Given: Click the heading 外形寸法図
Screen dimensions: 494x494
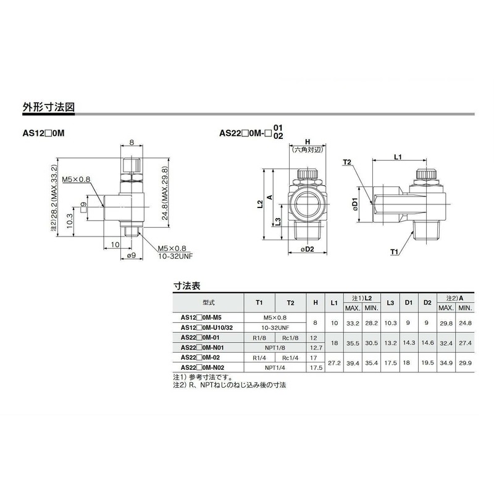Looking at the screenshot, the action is click(x=49, y=107).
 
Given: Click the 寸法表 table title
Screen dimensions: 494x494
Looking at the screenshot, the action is click(x=187, y=286).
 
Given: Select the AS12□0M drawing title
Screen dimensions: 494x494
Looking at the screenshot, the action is click(x=43, y=133).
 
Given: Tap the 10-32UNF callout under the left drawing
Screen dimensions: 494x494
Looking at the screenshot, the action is click(x=175, y=256).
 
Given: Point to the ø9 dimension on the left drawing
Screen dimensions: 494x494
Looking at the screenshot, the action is click(x=132, y=256).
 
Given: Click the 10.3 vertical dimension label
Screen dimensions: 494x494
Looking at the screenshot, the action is click(x=70, y=220).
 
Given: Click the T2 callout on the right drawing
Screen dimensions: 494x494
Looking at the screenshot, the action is click(x=347, y=162).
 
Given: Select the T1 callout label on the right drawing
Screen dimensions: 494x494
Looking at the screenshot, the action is click(x=394, y=252).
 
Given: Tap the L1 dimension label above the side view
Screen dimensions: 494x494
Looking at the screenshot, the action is click(x=398, y=157).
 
